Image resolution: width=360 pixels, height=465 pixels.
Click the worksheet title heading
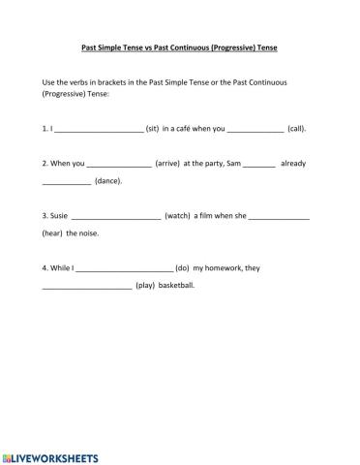click(179, 46)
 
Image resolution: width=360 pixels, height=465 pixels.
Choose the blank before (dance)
click(66, 182)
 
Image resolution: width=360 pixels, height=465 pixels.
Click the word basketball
click(177, 287)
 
